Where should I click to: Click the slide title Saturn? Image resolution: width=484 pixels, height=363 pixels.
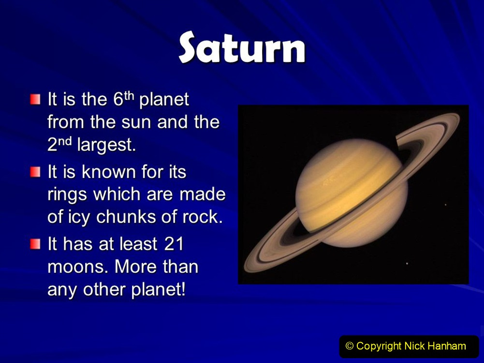coord(242,47)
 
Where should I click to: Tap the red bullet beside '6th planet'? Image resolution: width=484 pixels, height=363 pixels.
coord(35,100)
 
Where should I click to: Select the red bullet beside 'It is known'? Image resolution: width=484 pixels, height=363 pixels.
coord(35,172)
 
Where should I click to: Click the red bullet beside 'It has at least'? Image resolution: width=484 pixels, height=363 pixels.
coord(35,244)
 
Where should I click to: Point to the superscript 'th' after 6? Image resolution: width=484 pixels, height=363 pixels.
coord(129,96)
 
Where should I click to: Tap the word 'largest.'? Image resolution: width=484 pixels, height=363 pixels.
coord(106,145)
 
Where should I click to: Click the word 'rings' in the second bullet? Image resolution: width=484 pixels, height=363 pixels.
coord(67,195)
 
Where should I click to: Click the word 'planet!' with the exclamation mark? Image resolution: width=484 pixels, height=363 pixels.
coord(159,290)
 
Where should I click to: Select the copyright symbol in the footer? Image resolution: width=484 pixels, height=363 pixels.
coord(349,346)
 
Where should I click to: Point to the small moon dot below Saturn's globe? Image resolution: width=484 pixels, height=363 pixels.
coord(407,263)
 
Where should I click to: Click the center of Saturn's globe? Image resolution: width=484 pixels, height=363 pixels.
coord(352,194)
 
